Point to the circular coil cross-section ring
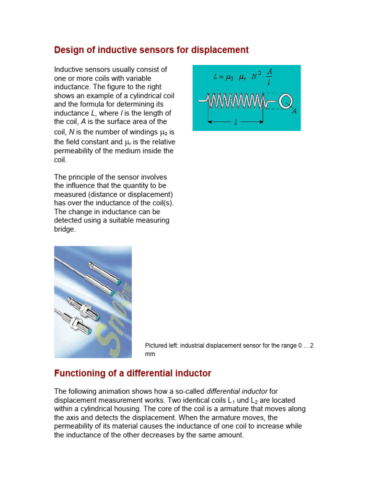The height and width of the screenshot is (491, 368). point(287,101)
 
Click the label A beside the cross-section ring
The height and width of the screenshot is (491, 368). point(294,111)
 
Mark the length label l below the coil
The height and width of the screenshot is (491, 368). point(236,123)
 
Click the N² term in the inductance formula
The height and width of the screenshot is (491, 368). point(253,76)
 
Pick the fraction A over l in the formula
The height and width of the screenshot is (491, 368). point(269,76)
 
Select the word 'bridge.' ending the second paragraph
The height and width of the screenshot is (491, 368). point(65,229)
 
